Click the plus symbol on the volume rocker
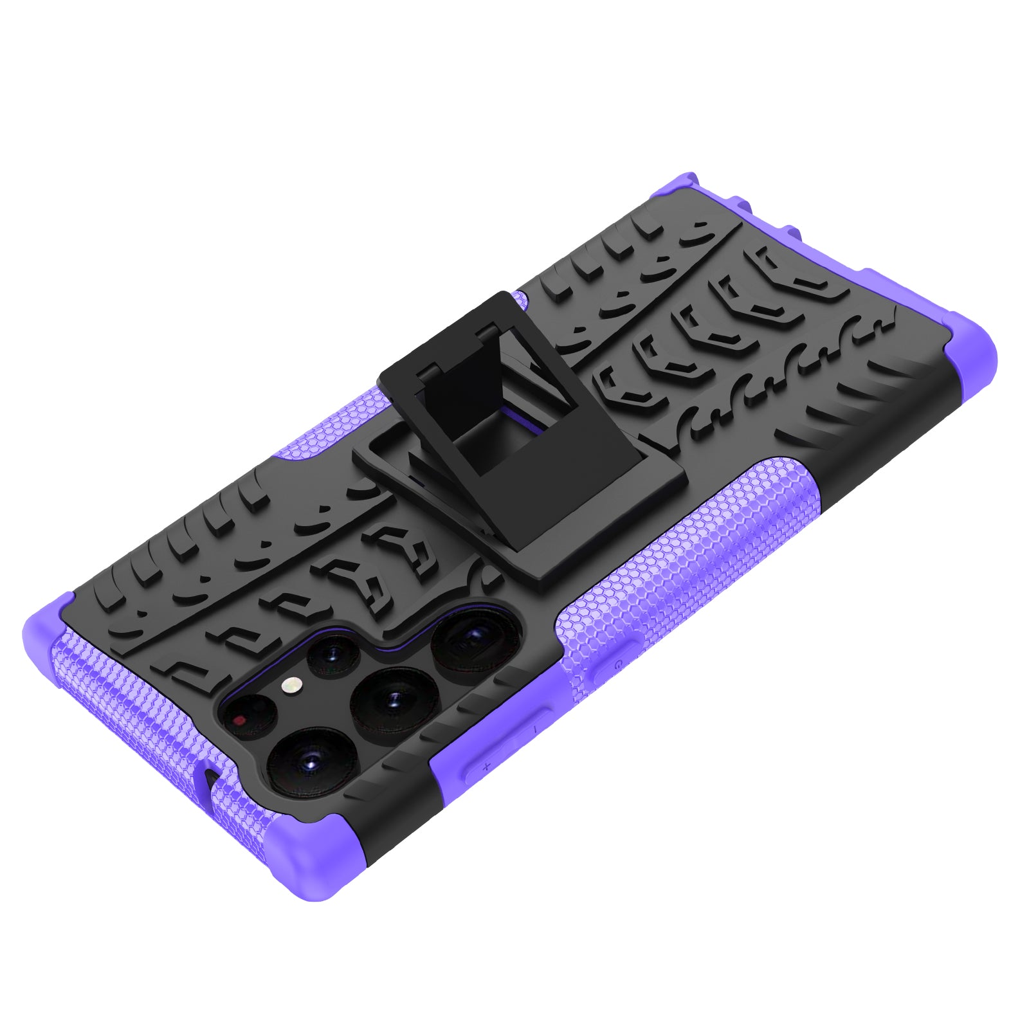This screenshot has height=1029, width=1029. click(x=486, y=766)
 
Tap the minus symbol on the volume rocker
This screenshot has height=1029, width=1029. click(x=535, y=729)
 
